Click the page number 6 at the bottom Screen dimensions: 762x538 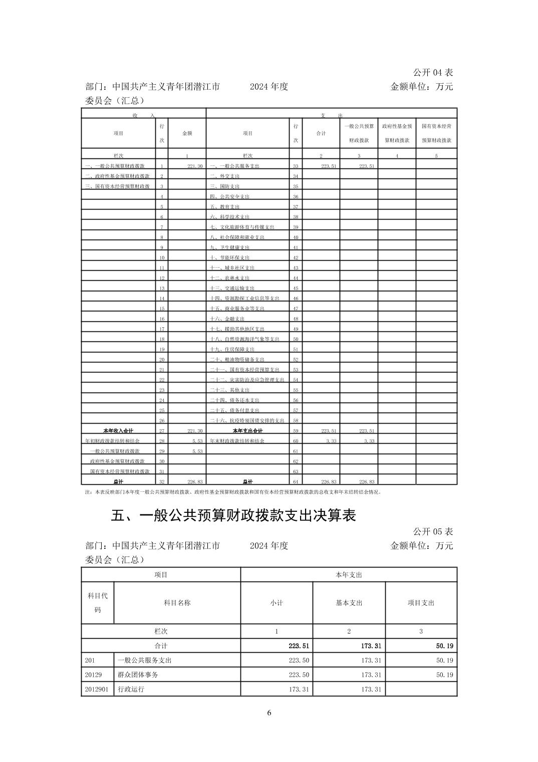coord(269,713)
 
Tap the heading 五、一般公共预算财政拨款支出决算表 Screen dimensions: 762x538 coord(233,515)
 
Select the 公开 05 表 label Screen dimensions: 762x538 coord(433,531)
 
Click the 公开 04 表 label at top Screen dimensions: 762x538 coord(433,73)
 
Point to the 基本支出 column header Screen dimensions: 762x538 coord(349,603)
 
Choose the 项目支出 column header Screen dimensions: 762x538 coord(421,603)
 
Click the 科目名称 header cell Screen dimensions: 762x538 coord(177,603)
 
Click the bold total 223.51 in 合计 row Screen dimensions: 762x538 coord(299,646)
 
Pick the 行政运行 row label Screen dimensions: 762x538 coord(131,689)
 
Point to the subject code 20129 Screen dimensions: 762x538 coord(94,675)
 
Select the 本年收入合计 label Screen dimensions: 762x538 coord(118,431)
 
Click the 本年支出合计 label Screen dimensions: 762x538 coord(247,431)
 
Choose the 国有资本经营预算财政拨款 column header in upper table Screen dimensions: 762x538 coord(436,133)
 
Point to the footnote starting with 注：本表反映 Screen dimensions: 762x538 coord(233,492)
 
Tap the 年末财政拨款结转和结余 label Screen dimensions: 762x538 coord(237,441)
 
